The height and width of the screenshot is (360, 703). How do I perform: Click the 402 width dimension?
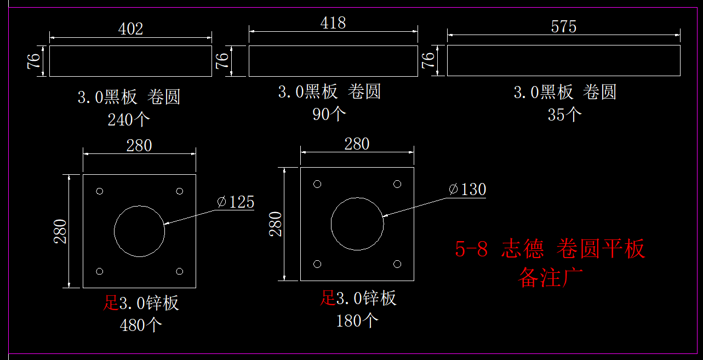coord(130,29)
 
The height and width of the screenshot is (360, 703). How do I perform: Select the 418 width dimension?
coord(333,23)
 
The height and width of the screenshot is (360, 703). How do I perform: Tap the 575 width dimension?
coord(564,27)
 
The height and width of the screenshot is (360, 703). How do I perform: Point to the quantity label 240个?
coord(129,119)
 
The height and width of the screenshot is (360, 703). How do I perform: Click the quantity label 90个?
coord(329,113)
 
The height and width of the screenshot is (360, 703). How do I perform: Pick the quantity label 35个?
coord(564,115)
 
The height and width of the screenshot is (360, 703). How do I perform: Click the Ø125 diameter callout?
coord(236,202)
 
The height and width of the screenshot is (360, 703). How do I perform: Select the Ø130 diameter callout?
coord(467,190)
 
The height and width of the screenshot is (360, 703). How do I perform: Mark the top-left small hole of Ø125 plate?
coord(100,191)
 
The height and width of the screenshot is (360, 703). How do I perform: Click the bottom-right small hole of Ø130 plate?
coord(397,264)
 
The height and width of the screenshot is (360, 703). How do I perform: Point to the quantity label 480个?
coord(141,325)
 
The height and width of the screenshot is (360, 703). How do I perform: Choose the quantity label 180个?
coord(357,321)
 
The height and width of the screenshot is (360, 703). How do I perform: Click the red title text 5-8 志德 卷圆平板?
coord(550,249)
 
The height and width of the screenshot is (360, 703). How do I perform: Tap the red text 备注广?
coord(551,277)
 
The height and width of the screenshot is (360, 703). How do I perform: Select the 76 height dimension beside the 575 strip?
coord(428,60)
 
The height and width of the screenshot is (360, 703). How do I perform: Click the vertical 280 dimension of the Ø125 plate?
coord(60,231)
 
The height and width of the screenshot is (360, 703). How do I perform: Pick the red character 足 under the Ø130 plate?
coord(328,298)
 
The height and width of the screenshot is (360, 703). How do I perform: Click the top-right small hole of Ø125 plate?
coord(180,191)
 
